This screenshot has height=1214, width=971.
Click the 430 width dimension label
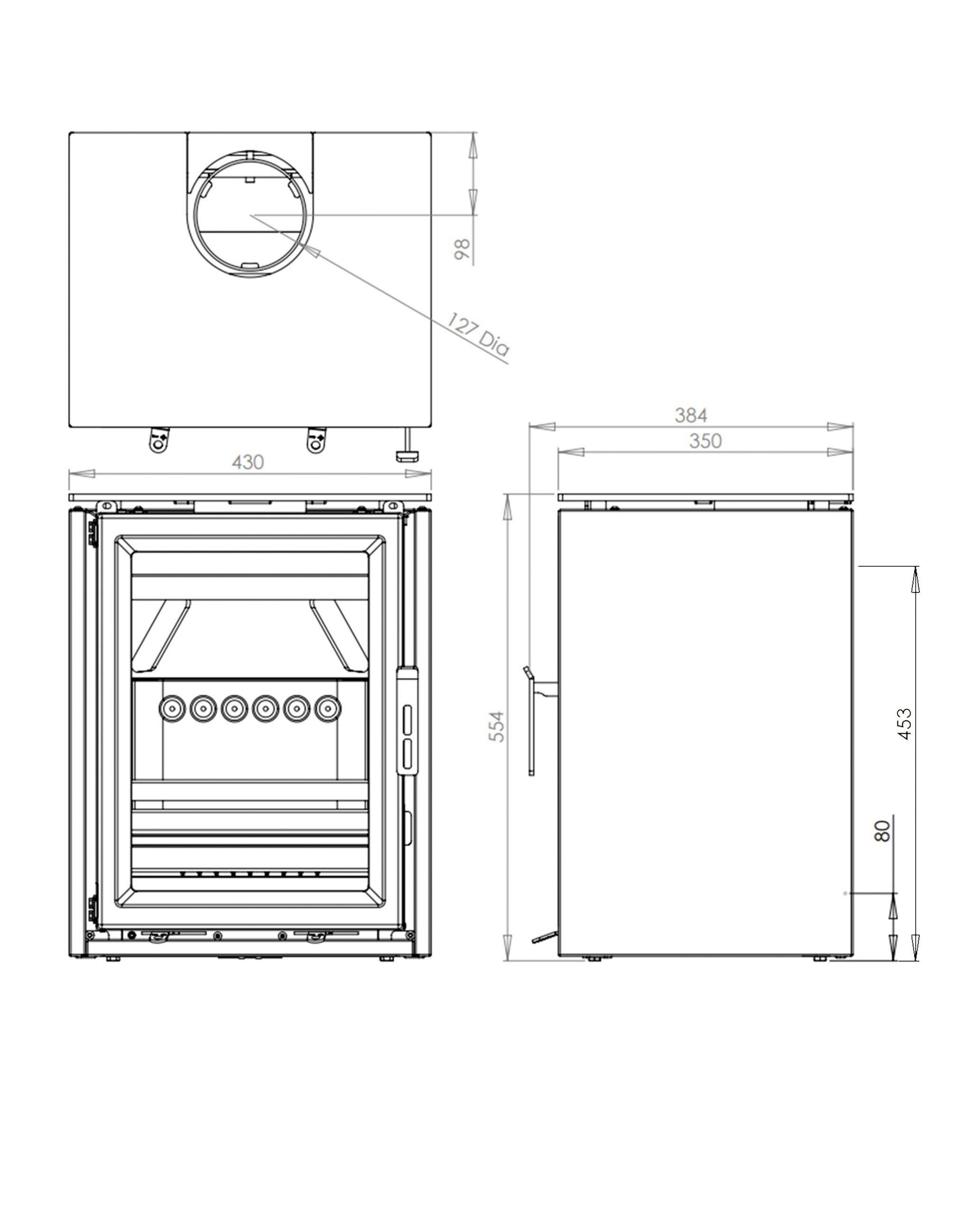click(247, 462)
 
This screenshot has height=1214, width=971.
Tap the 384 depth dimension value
click(691, 415)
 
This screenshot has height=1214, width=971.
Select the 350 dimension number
click(705, 441)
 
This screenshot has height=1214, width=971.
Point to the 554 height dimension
click(497, 727)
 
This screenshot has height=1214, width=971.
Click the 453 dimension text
click(904, 724)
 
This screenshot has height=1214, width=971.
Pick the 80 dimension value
click(883, 831)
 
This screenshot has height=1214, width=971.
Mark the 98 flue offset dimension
click(462, 249)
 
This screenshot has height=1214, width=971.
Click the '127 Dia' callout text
click(478, 334)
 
